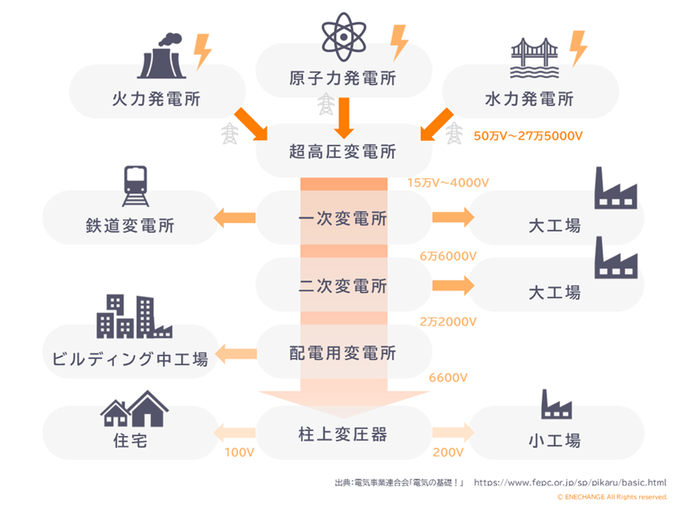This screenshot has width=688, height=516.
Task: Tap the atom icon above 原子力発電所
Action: click(344, 36)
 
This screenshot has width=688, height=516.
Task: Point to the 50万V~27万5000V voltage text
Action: click(527, 136)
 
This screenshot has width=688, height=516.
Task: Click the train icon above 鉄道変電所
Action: click(136, 186)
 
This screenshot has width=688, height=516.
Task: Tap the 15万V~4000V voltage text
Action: click(448, 183)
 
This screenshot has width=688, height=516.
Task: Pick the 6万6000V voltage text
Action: click(448, 256)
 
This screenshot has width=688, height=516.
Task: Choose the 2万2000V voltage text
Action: click(448, 321)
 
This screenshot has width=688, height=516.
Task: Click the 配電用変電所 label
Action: click(342, 353)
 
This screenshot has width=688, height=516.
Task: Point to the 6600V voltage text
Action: click(448, 378)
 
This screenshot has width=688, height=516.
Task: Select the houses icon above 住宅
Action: click(135, 408)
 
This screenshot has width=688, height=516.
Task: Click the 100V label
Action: click(238, 453)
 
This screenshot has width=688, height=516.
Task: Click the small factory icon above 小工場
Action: click(556, 404)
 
